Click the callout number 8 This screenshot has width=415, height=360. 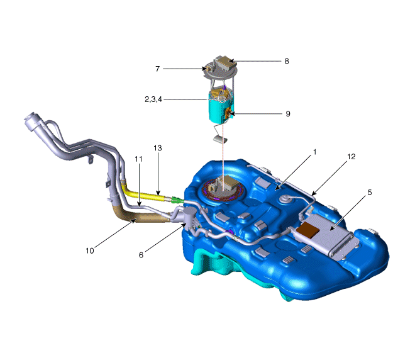coord(287,61)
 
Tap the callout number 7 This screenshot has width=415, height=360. coord(157,69)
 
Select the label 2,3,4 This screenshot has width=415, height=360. coord(153,99)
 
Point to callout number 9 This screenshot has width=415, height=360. coord(288,114)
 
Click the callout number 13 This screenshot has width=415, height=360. coord(158,148)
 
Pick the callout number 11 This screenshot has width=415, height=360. coord(138,159)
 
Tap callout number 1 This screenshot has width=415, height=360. coord(314,152)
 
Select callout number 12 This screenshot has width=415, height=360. coord(351,157)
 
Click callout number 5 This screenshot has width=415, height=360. coord(370,193)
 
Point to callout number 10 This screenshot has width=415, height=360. coord(90,250)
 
